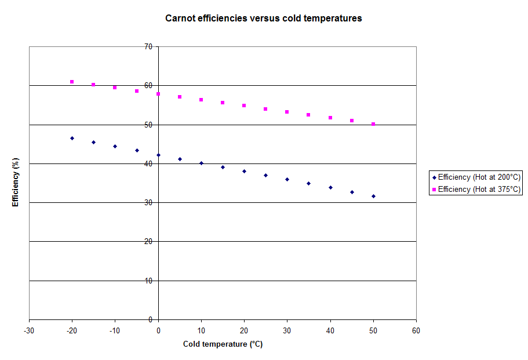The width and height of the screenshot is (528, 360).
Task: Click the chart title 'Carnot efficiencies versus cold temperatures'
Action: coord(263,18)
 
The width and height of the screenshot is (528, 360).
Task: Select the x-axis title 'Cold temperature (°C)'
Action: coord(223,344)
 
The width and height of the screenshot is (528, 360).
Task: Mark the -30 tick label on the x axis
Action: coord(29,330)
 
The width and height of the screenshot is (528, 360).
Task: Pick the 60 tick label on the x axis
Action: coord(416,330)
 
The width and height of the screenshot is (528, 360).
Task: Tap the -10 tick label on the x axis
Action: coord(115,330)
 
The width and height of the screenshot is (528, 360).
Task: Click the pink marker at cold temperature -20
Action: coord(72,82)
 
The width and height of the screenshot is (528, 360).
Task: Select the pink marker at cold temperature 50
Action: coord(373,124)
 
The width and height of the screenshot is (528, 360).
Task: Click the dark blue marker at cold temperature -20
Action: coord(72,138)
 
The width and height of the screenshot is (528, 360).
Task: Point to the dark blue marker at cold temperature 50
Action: coord(373,196)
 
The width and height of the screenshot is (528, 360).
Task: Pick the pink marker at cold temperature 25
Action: coord(265,109)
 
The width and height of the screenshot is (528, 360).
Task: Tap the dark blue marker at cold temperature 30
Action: coord(287,179)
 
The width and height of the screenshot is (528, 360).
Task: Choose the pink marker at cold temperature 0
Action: coord(158,94)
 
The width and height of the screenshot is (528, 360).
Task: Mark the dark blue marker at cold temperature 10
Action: coord(201,163)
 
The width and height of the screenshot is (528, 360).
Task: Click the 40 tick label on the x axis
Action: coord(330,330)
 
